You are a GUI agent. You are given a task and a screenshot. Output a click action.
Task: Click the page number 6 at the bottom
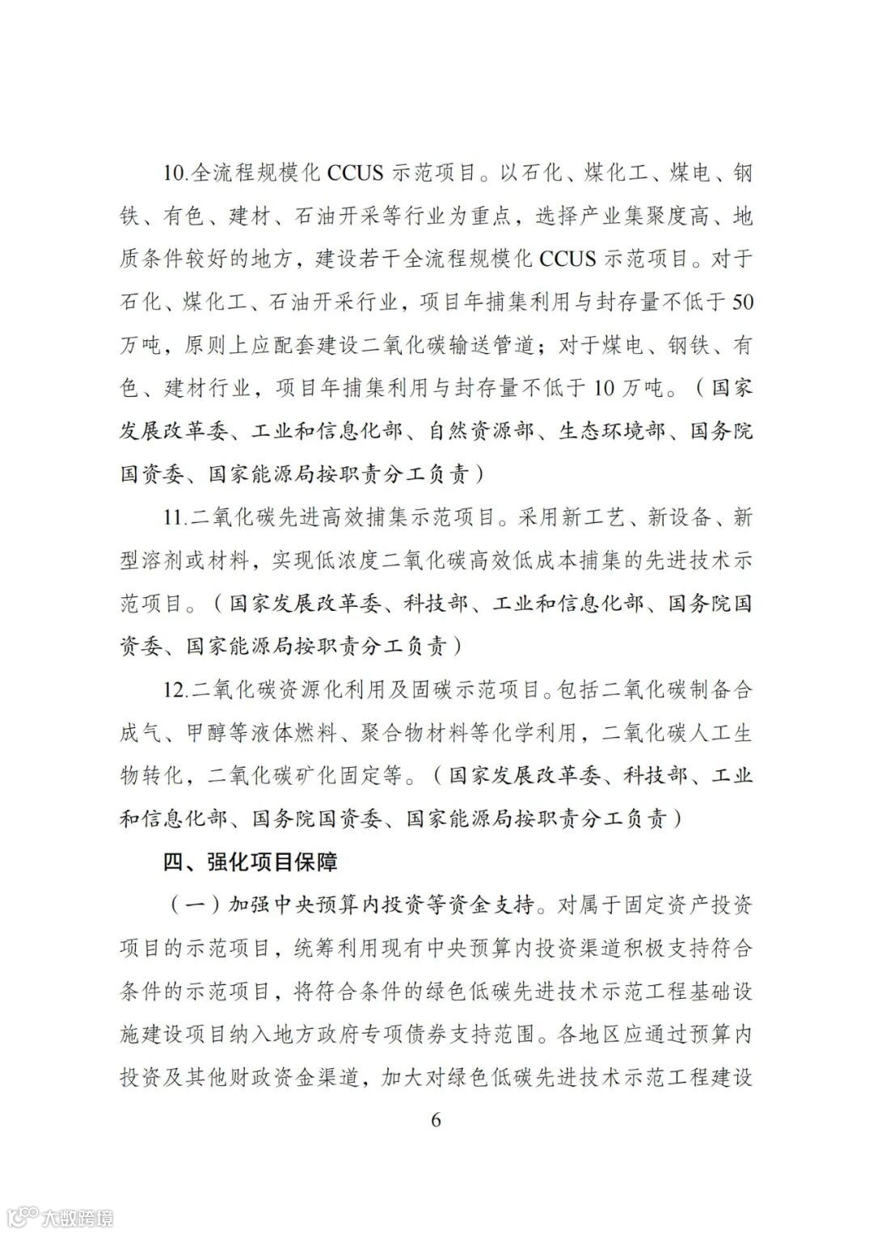point(436,1120)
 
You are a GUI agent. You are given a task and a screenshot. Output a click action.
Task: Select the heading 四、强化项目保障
point(250,862)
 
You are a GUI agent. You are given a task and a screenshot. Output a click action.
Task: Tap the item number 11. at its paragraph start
point(175,517)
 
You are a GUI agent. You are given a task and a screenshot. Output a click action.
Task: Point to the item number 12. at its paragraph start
point(175,690)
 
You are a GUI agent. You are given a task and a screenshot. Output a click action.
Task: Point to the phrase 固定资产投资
point(688,905)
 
